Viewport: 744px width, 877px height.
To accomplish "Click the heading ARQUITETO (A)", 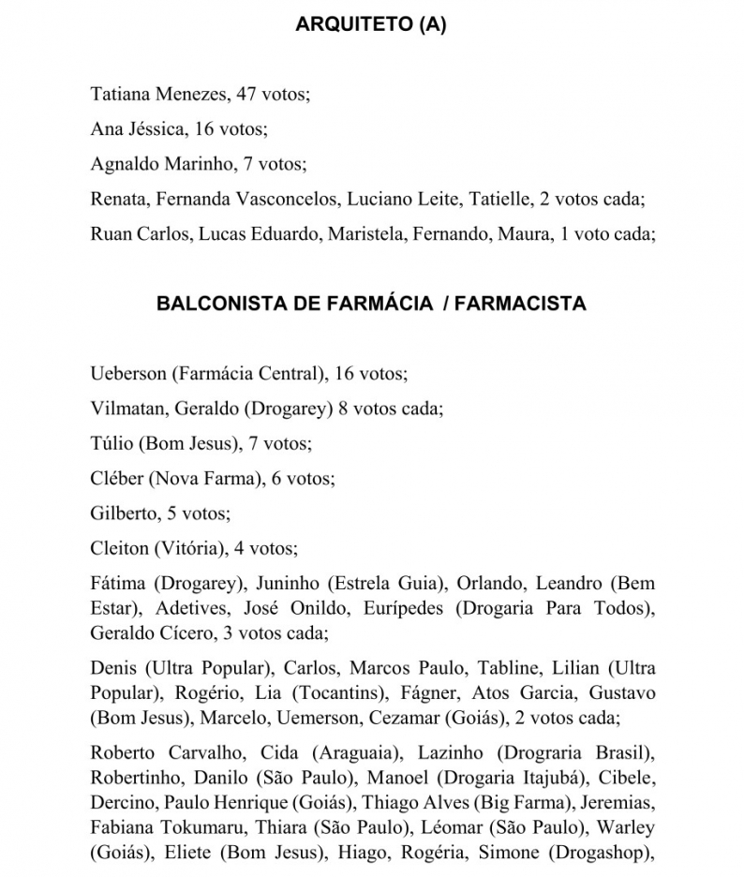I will pyautogui.click(x=371, y=25).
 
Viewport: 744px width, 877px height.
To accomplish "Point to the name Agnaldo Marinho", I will pyautogui.click(x=161, y=164).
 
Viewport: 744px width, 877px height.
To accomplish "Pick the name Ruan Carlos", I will pyautogui.click(x=141, y=234).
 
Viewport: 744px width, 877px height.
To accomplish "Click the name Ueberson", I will pyautogui.click(x=127, y=374).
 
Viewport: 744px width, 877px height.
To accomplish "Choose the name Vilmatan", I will pyautogui.click(x=127, y=409).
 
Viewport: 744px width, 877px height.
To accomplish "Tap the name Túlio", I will pyautogui.click(x=112, y=443).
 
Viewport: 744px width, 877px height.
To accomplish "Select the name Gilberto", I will pyautogui.click(x=123, y=513).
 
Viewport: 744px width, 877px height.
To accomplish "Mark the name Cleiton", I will pyautogui.click(x=118, y=547).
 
